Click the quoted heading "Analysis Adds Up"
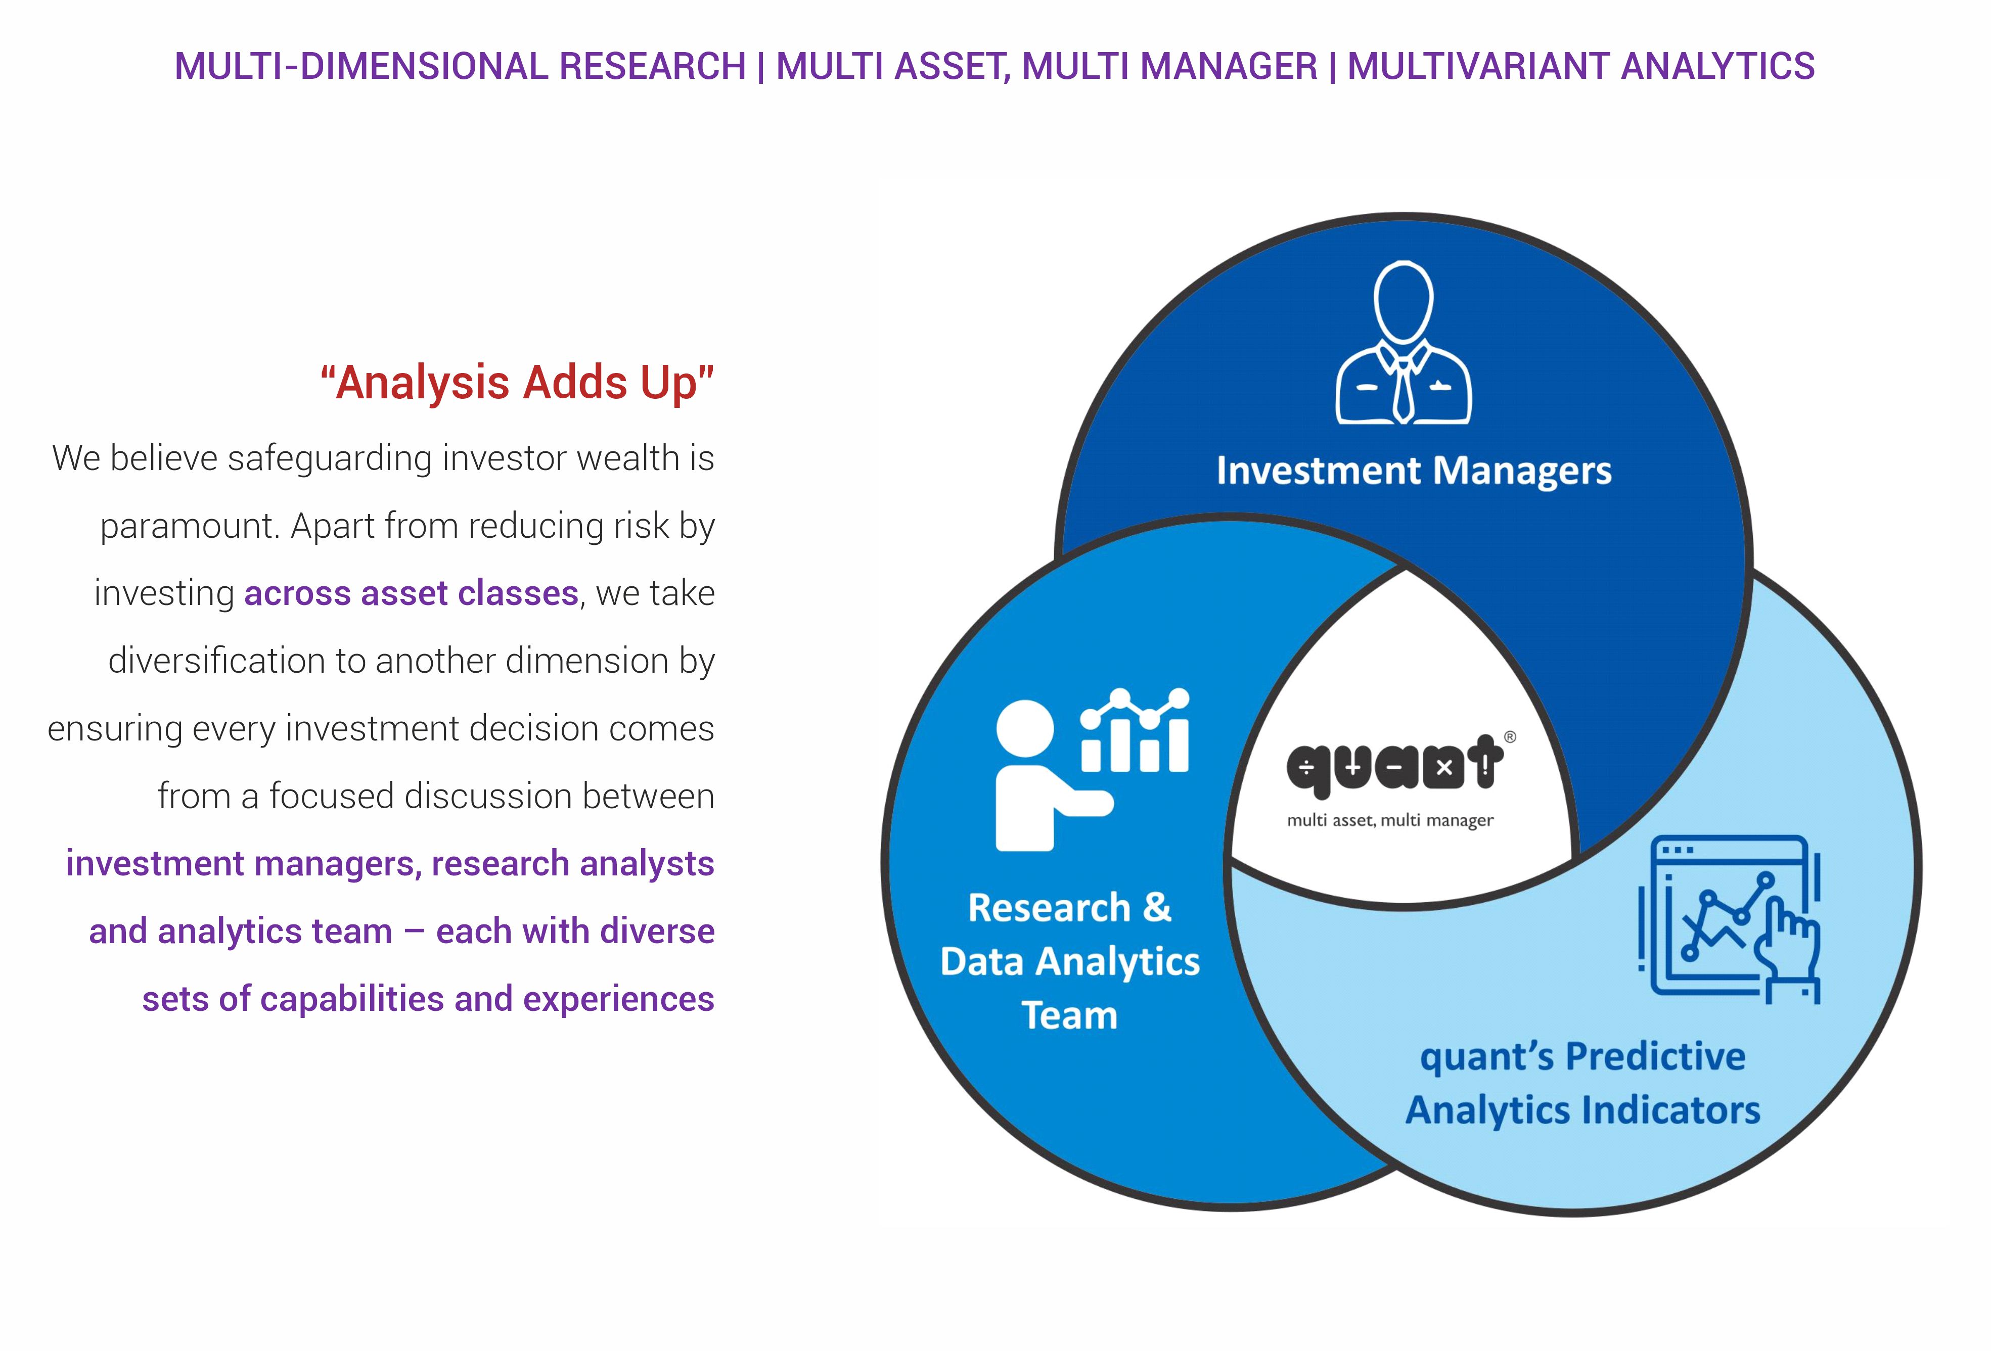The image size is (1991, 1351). (517, 382)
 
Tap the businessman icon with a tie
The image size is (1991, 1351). (1404, 343)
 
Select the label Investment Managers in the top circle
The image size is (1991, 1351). (1414, 471)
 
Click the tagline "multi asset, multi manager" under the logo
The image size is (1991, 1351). (1389, 821)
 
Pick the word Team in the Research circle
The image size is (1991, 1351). (1070, 1016)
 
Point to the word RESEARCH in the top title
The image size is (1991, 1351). (653, 67)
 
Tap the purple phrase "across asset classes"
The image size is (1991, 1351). (411, 593)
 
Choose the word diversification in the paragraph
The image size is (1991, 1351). (233, 661)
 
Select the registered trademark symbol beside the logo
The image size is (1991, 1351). (1510, 737)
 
